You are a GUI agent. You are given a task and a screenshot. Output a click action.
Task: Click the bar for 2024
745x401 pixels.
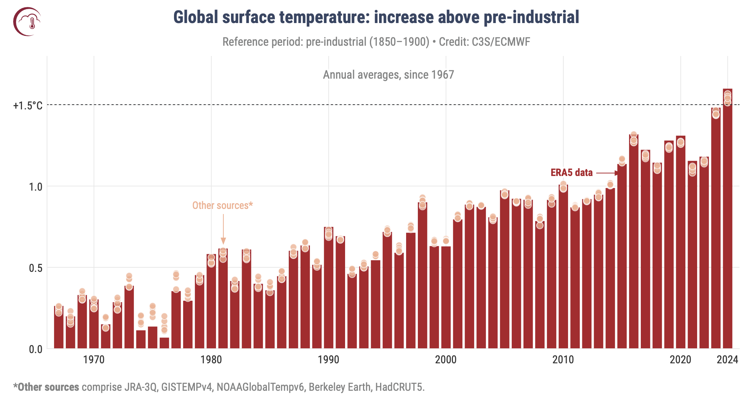(x=727, y=227)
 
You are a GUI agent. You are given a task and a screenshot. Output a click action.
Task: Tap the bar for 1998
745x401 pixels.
(x=422, y=278)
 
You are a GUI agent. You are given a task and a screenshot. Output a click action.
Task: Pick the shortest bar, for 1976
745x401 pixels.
(x=164, y=343)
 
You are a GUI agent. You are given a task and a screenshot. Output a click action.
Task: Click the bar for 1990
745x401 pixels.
(x=328, y=289)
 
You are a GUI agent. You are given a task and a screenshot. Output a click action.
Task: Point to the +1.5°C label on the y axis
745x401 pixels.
(x=28, y=106)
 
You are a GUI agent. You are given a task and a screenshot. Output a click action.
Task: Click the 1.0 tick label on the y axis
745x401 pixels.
(x=35, y=187)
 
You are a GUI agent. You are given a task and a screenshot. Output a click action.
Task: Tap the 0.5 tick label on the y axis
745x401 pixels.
(x=35, y=268)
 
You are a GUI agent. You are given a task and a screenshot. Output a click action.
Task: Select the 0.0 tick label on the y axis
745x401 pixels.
(x=35, y=349)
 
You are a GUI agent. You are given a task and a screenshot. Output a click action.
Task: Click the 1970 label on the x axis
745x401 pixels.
(x=94, y=360)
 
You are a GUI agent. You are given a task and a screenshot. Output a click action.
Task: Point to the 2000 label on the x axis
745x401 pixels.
(x=446, y=360)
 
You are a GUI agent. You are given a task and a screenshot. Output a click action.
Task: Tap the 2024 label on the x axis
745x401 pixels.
(x=727, y=360)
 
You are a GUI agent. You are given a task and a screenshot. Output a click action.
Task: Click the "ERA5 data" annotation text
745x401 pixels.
(x=571, y=173)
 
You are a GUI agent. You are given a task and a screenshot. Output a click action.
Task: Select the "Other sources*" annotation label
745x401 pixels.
(x=222, y=206)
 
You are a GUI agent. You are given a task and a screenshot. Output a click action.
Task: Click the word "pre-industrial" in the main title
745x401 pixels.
(x=532, y=17)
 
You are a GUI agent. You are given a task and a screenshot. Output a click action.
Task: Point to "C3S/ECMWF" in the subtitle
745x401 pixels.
(x=501, y=42)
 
